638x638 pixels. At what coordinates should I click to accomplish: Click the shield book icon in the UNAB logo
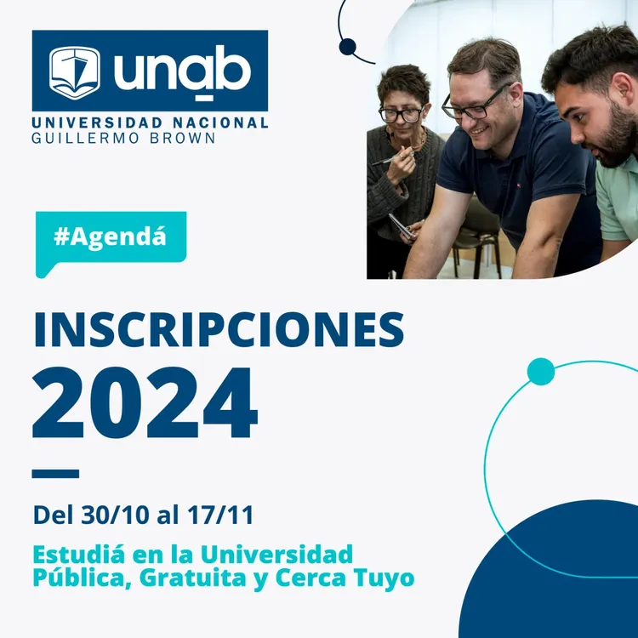click(x=75, y=72)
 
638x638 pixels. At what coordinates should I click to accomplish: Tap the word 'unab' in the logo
click(x=183, y=71)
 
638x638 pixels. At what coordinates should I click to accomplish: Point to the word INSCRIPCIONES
click(x=219, y=330)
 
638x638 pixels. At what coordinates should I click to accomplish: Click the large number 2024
click(x=145, y=402)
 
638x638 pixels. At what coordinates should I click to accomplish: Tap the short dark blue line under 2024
click(x=55, y=474)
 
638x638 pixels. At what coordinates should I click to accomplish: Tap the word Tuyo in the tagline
click(x=388, y=578)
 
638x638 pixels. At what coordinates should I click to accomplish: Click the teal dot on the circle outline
click(x=541, y=372)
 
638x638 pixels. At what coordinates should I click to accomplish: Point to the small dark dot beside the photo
click(x=347, y=47)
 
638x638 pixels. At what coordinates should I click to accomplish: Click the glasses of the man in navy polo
click(x=476, y=106)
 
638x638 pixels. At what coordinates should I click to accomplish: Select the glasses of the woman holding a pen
click(x=402, y=114)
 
